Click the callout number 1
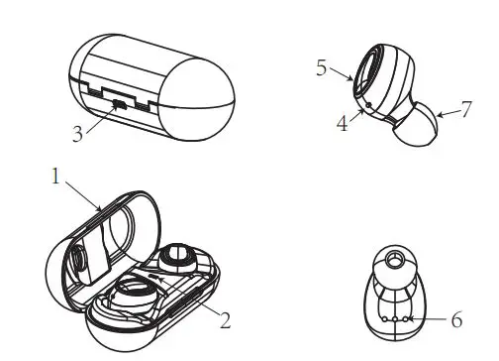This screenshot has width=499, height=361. [x=55, y=178]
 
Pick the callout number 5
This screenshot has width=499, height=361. [x=320, y=68]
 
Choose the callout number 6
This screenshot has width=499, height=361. [x=456, y=320]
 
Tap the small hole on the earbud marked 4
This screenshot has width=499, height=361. [x=367, y=103]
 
